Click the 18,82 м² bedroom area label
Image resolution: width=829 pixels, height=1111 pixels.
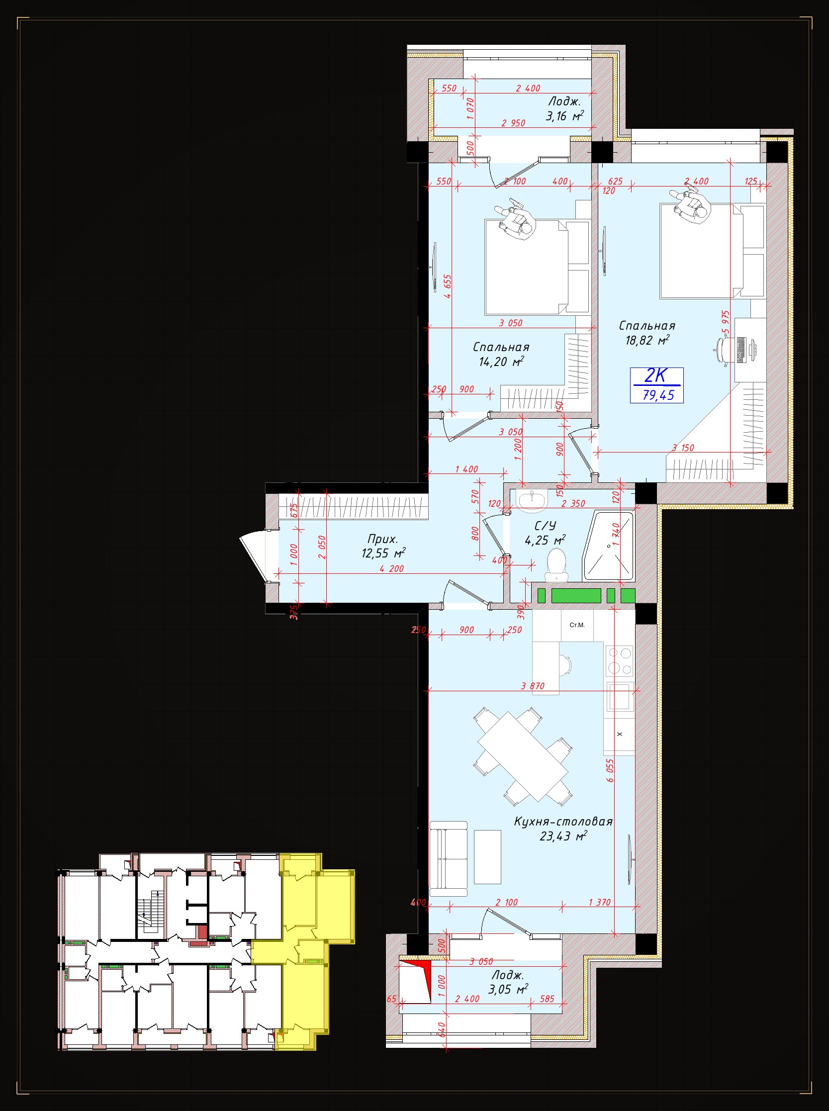pyautogui.click(x=647, y=341)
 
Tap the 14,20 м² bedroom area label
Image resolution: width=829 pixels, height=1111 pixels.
pyautogui.click(x=501, y=362)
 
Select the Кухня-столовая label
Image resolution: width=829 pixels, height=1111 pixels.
pyautogui.click(x=563, y=822)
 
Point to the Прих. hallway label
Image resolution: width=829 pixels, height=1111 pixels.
pyautogui.click(x=382, y=539)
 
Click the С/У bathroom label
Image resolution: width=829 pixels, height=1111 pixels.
pyautogui.click(x=545, y=525)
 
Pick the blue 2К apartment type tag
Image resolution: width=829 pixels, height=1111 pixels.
pyautogui.click(x=655, y=375)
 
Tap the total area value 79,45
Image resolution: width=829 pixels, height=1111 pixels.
pyautogui.click(x=658, y=395)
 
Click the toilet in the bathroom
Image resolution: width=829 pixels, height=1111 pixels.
pyautogui.click(x=555, y=565)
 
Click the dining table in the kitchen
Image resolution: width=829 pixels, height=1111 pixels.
pyautogui.click(x=522, y=756)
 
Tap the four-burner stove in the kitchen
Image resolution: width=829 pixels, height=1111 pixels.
pyautogui.click(x=620, y=660)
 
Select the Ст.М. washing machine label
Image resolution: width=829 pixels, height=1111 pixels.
pyautogui.click(x=577, y=625)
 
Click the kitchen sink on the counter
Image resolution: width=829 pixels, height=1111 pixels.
pyautogui.click(x=620, y=697)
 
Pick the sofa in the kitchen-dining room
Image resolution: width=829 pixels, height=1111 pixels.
pyautogui.click(x=449, y=858)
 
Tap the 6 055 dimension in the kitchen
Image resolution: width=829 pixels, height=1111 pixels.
pyautogui.click(x=610, y=770)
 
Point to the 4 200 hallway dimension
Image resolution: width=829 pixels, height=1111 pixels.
pyautogui.click(x=391, y=568)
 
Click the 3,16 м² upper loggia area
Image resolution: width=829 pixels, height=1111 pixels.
pyautogui.click(x=564, y=116)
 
